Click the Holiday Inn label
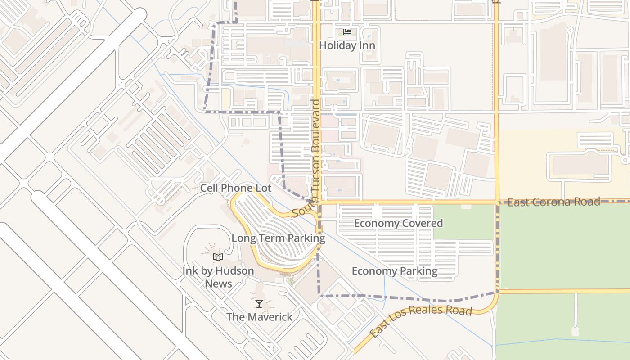point(347,45)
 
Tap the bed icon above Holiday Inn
point(347,32)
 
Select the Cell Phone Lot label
point(236,188)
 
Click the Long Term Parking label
point(278,238)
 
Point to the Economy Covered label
point(398,223)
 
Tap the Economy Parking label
point(394,271)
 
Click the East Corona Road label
point(553,202)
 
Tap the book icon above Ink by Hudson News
point(218,257)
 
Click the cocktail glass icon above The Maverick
point(259,304)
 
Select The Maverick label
point(259,317)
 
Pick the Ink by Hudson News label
point(218,277)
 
